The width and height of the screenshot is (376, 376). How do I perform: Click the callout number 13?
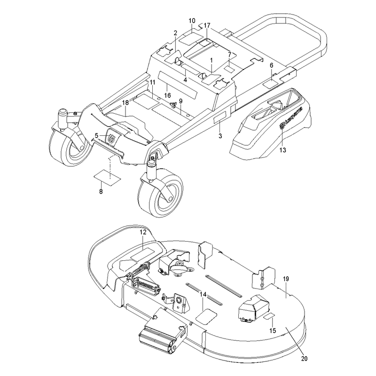click(x=283, y=150)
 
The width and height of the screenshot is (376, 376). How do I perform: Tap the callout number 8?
click(x=101, y=192)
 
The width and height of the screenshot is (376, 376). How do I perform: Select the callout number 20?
click(x=304, y=359)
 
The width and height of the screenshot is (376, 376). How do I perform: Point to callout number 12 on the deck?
click(x=143, y=232)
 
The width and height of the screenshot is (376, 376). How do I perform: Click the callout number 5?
click(x=96, y=136)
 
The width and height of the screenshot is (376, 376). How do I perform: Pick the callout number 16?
click(x=167, y=95)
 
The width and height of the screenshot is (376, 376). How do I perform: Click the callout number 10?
click(x=192, y=21)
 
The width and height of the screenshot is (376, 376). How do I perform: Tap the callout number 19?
click(x=286, y=279)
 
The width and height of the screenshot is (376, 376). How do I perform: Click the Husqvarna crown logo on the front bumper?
click(x=111, y=139)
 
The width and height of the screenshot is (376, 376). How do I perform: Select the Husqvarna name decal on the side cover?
click(x=291, y=118)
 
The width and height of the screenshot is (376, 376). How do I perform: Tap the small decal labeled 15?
click(x=269, y=316)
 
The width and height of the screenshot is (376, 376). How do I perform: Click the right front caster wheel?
click(x=160, y=192)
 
